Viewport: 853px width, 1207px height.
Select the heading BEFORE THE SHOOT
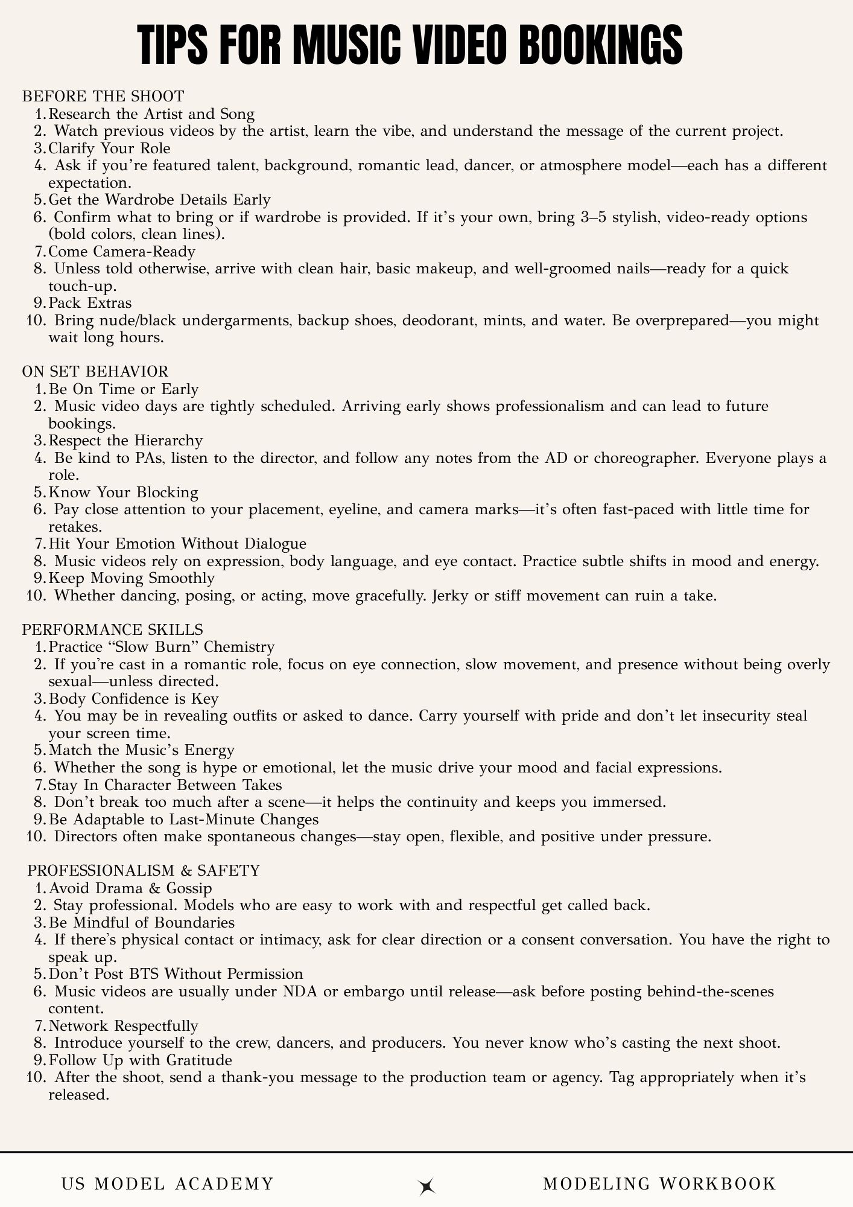coord(103,97)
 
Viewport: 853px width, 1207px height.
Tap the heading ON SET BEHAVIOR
coord(95,371)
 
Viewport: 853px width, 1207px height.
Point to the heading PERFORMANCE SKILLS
coord(113,629)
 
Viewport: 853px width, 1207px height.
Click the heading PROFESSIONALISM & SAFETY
coord(144,870)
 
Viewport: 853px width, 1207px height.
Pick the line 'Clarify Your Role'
coord(109,148)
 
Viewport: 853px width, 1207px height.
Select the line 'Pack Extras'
coord(90,303)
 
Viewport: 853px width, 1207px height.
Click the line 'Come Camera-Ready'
coord(122,252)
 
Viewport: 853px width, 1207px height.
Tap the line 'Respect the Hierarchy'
coord(125,441)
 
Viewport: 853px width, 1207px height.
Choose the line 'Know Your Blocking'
coord(123,492)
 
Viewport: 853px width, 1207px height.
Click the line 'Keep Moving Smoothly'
coord(132,578)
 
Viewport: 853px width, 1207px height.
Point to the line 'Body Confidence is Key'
coord(133,699)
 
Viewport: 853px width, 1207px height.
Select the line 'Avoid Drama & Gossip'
coord(130,888)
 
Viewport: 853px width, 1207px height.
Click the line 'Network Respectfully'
coord(123,1026)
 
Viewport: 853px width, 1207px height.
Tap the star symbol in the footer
coord(427,1186)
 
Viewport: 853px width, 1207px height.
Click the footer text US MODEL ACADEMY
coord(168,1183)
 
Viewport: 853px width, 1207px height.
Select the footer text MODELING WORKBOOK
coord(659,1183)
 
